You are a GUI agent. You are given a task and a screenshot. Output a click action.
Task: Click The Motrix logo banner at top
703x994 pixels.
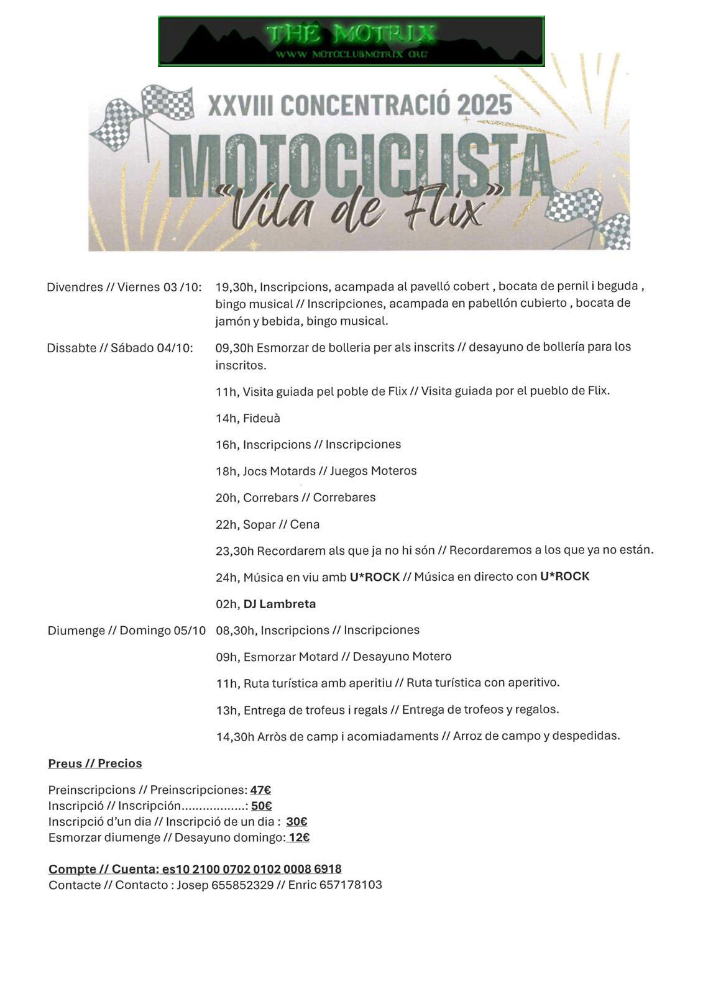(351, 41)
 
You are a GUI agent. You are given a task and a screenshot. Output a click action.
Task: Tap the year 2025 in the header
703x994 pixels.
(484, 105)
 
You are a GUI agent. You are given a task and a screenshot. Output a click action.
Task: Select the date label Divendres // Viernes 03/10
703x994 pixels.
(124, 287)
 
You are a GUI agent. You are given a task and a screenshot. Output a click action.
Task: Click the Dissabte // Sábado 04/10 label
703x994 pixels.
(120, 348)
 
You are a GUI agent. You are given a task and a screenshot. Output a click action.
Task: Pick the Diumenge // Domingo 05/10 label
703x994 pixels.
(126, 631)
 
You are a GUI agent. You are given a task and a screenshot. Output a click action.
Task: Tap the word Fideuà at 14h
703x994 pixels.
(262, 418)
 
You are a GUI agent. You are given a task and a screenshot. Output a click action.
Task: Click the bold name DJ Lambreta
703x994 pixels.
(280, 604)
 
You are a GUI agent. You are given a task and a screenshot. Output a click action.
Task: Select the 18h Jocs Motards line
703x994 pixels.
(316, 471)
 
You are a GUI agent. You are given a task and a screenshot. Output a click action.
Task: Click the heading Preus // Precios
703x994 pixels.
(95, 764)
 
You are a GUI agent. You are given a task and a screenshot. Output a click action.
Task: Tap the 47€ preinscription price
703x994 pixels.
(260, 790)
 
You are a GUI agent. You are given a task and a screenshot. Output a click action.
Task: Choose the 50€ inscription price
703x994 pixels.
(262, 806)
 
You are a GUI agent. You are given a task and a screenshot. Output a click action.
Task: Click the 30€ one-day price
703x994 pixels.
(297, 821)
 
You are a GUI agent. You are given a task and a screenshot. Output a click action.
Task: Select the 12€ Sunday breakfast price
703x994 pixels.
(299, 837)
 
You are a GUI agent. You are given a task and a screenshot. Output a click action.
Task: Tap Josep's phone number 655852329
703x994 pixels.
(242, 885)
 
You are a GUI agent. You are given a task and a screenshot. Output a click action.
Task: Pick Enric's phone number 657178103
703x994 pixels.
(351, 885)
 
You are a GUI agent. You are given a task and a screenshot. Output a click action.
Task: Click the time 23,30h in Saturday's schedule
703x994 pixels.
(235, 550)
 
